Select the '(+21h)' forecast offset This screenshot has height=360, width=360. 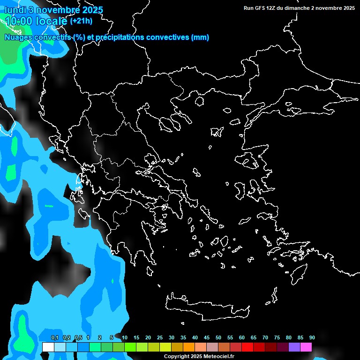[x=81, y=21]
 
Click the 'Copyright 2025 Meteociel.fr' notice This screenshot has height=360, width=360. [x=199, y=356]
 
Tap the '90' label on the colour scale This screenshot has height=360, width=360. [x=312, y=337]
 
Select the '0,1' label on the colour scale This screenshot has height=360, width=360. [x=54, y=337]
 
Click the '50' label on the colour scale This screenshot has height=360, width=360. [x=218, y=337]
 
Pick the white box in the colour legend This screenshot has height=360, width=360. [x=48, y=347]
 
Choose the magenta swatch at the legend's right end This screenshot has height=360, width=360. [x=306, y=347]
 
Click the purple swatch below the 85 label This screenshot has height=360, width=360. [x=294, y=347]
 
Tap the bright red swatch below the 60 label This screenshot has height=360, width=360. [x=247, y=347]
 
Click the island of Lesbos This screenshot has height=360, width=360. [x=249, y=162]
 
